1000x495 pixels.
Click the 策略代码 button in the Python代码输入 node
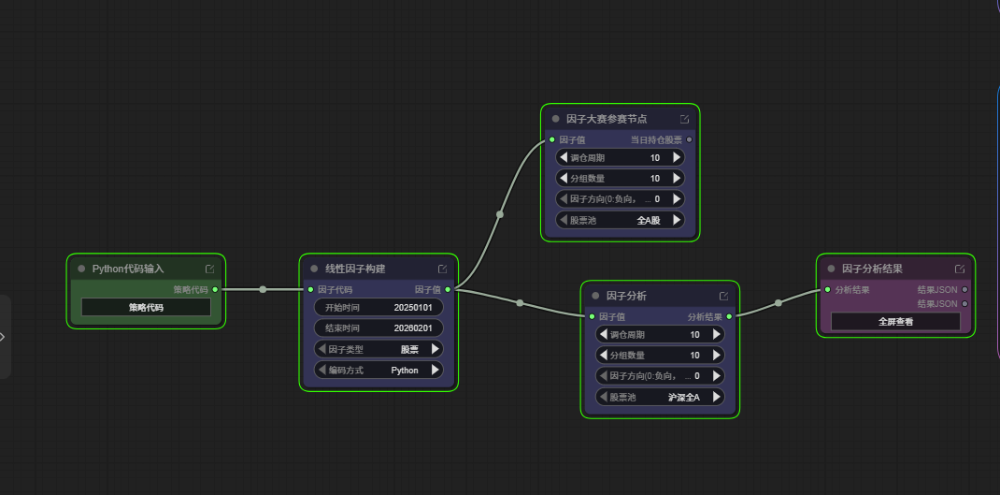(146, 307)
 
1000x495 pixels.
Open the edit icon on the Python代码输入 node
(210, 269)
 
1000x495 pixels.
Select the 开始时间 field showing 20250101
(379, 307)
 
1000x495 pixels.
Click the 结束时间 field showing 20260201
(379, 328)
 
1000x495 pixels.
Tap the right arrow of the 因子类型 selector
(435, 349)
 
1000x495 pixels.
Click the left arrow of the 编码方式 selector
(322, 370)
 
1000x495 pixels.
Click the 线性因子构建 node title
(355, 269)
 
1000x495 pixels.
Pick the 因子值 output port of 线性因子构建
(448, 289)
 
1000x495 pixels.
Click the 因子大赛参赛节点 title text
(607, 119)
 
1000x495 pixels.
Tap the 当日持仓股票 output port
(689, 139)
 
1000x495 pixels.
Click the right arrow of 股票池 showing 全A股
(676, 220)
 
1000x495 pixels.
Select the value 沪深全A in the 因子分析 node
(684, 398)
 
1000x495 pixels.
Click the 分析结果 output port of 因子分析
(729, 316)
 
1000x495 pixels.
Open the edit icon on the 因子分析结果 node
(959, 269)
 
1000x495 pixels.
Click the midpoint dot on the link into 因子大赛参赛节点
(500, 214)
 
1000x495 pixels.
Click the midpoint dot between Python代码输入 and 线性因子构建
(263, 289)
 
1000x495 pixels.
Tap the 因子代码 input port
(310, 289)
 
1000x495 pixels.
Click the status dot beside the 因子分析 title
(595, 296)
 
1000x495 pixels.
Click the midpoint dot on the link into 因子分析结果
(779, 303)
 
